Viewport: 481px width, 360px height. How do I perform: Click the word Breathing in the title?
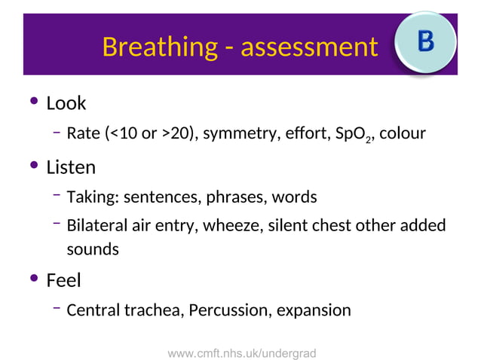[158, 47]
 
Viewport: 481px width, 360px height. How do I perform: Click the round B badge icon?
[426, 41]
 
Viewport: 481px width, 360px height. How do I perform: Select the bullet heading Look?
[66, 102]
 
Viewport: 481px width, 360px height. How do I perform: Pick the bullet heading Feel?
[63, 280]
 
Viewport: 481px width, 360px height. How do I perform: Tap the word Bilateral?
[98, 226]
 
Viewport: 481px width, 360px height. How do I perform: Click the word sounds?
[93, 249]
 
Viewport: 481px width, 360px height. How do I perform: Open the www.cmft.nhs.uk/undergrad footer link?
[241, 352]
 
